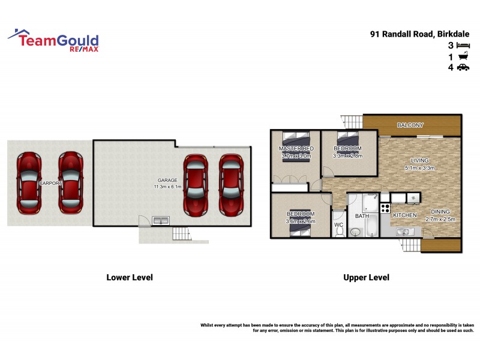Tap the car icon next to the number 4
coord(463,68)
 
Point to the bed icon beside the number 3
coord(463,45)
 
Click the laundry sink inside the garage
coord(160,221)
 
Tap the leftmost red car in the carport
coord(29,183)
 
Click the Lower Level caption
coord(130,277)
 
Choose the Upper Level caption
coord(366,277)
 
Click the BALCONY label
coord(410,125)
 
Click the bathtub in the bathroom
coord(371,227)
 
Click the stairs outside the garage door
coord(181,234)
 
